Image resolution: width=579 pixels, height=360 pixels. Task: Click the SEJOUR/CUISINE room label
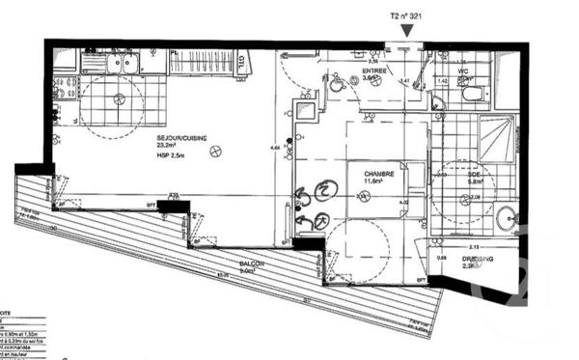[183, 137]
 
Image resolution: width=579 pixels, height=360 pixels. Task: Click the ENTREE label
[375, 71]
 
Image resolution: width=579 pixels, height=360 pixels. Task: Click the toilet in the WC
[472, 93]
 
